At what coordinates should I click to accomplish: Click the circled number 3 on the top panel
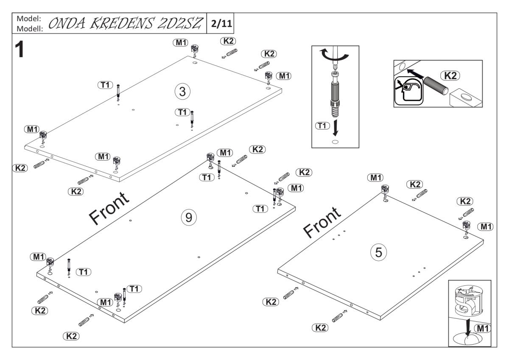(x=182, y=91)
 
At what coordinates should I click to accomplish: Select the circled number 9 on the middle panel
(x=189, y=217)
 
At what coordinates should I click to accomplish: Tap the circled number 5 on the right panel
(x=378, y=252)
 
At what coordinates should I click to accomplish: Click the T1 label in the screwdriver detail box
(x=323, y=126)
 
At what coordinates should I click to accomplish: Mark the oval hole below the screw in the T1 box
(x=335, y=142)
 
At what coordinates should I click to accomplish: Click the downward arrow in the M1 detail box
(x=467, y=329)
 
